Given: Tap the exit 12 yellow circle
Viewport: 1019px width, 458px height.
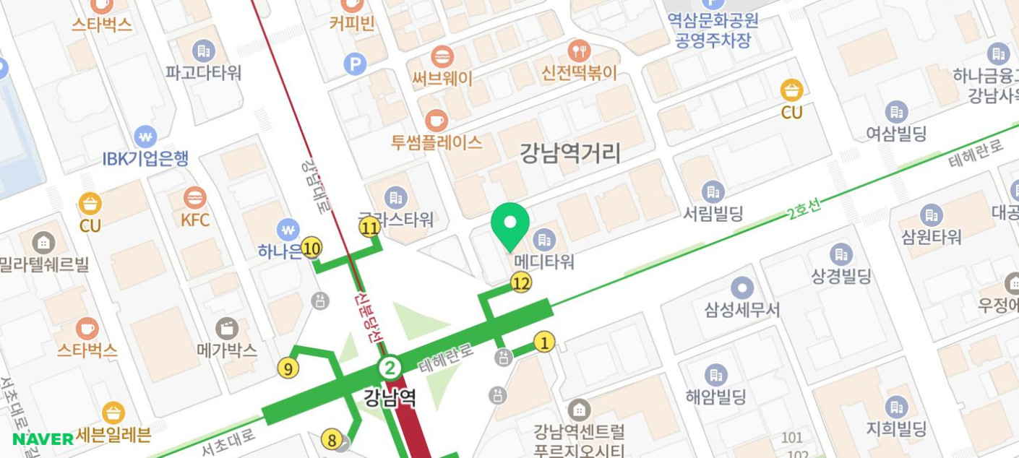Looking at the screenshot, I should [x=521, y=283].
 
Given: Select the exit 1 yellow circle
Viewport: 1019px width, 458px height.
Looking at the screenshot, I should [x=544, y=342].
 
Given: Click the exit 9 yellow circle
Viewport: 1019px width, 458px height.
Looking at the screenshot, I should [x=288, y=369].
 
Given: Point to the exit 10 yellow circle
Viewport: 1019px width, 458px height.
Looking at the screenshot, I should [x=311, y=249].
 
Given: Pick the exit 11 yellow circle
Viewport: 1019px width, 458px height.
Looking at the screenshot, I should [x=369, y=228].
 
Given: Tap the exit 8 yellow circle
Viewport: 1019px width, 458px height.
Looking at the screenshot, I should [x=331, y=439].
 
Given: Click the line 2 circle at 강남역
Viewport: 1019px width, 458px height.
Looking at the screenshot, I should [x=390, y=368].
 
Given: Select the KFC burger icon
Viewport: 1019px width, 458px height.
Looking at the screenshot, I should [x=194, y=197].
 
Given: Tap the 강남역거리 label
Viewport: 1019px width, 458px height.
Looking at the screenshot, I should [x=570, y=153].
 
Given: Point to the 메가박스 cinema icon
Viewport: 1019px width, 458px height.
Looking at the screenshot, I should [x=227, y=328].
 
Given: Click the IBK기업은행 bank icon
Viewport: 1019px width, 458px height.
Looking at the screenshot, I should [x=145, y=136].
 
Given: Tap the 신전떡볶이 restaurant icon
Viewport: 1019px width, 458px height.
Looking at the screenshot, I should [x=579, y=51].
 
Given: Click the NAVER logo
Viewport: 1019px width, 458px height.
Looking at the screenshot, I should [x=43, y=438].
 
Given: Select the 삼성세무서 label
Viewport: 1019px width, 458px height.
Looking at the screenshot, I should [x=742, y=310].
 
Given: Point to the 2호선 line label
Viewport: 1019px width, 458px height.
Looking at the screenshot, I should [x=804, y=209].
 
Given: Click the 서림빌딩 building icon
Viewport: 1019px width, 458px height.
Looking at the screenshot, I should [x=713, y=191].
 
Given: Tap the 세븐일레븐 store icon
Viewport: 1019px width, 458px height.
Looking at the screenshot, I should [x=113, y=413].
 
